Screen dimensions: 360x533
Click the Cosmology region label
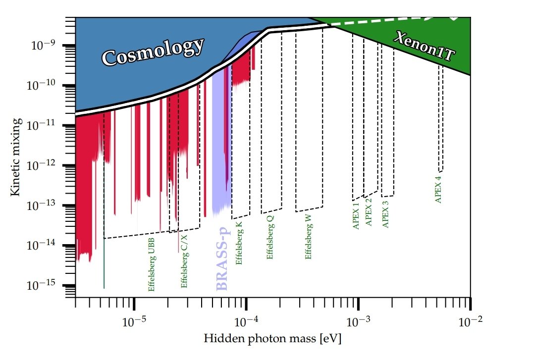[x=153, y=52]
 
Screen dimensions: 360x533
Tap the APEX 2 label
[x=368, y=212]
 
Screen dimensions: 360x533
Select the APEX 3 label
[x=386, y=213]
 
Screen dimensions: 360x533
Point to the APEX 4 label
[x=438, y=189]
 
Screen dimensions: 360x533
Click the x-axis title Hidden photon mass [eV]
[x=273, y=339]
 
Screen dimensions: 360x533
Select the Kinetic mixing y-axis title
[x=15, y=156]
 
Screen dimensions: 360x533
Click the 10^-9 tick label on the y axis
[x=45, y=46]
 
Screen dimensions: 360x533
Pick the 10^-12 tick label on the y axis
[x=44, y=165]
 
